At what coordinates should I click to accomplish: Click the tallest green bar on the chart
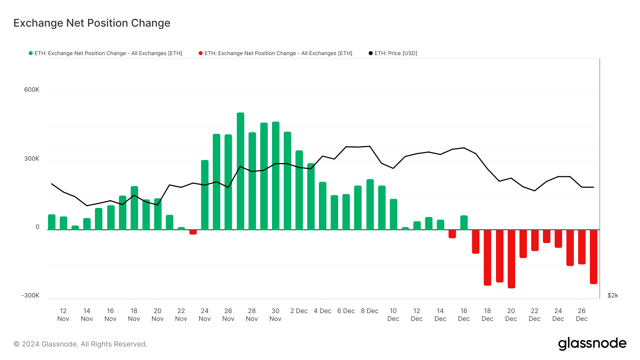(240, 171)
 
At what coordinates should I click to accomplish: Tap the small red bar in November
(193, 232)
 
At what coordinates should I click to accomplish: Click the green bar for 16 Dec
(464, 222)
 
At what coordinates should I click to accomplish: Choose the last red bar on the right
(593, 257)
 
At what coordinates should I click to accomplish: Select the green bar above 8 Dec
(370, 204)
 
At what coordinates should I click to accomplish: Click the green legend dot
(31, 53)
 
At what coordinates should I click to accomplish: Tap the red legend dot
(201, 53)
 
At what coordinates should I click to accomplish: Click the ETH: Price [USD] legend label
(395, 53)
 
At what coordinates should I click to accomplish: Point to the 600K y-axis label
(32, 90)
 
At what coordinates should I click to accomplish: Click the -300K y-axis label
(31, 295)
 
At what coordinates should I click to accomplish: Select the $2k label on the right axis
(613, 295)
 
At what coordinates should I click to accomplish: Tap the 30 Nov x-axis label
(275, 315)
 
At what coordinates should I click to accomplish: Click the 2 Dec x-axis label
(299, 311)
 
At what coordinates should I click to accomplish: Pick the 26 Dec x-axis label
(581, 315)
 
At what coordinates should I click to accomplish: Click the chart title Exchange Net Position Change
(92, 23)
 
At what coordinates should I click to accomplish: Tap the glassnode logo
(592, 344)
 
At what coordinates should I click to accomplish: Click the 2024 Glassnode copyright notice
(80, 344)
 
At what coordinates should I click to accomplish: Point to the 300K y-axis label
(32, 158)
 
